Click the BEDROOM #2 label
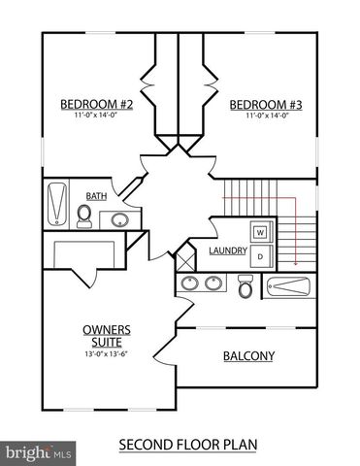point(96,105)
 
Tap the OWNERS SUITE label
point(107,335)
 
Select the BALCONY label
point(248,356)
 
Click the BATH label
point(96,195)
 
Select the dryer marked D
point(260,255)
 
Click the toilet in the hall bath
point(84,216)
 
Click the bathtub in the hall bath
point(56,205)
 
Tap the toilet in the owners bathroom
point(245,286)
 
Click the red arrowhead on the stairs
point(292,260)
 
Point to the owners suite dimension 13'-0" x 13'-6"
point(107,353)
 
